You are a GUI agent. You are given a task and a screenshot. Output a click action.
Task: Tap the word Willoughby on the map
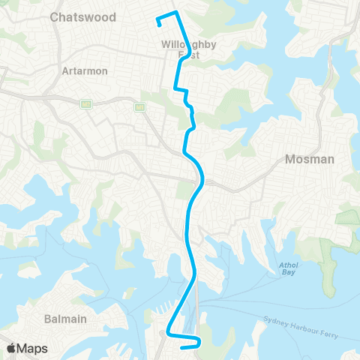coord(188,44)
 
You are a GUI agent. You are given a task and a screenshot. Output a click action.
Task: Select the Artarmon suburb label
coord(85,70)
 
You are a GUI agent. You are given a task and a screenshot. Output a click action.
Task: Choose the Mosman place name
coord(309,159)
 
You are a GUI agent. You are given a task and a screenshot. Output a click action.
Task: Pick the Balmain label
coord(64,319)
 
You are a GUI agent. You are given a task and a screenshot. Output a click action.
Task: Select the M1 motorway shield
coord(139,107)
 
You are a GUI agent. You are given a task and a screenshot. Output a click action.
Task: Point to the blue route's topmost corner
coord(175,13)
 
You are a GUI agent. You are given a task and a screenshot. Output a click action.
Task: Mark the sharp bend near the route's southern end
coord(167,331)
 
